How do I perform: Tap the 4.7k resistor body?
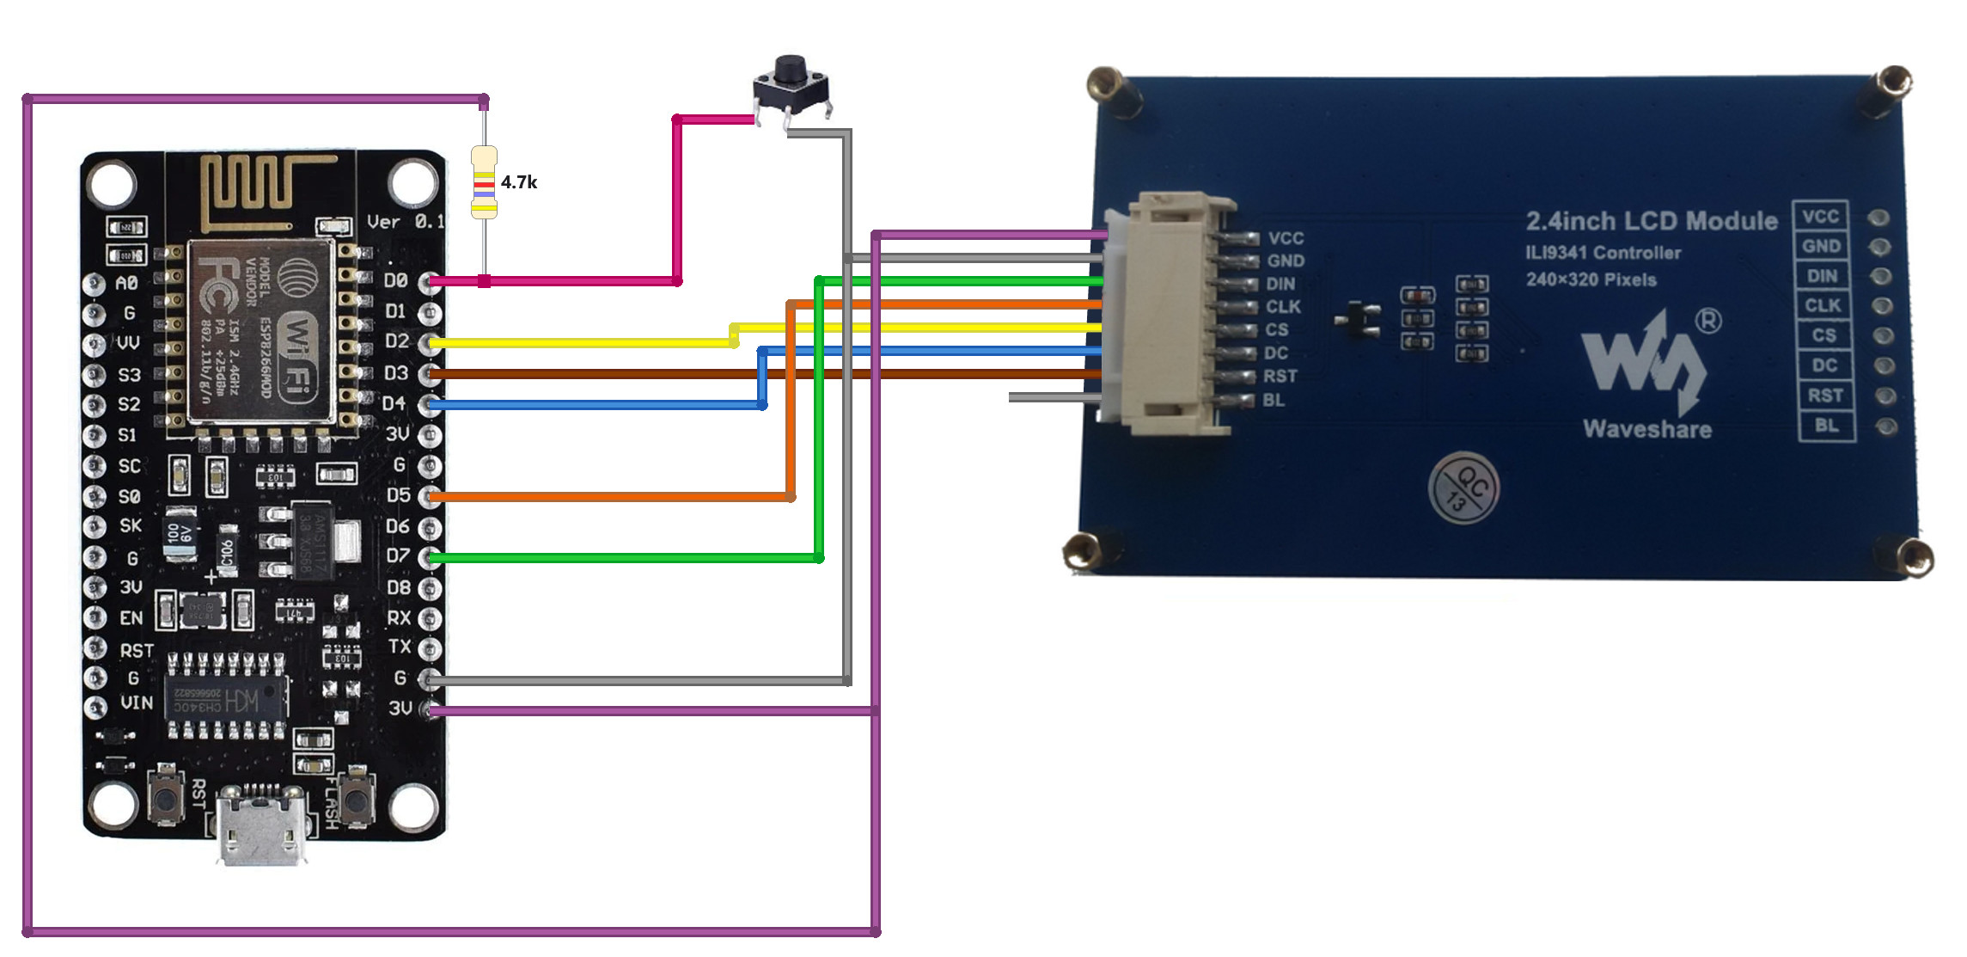tap(484, 181)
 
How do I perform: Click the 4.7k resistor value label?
tap(519, 182)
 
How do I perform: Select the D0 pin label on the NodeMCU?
tap(395, 280)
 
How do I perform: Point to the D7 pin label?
tap(397, 555)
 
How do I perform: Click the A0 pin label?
tap(126, 283)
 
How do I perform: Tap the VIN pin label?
tap(137, 702)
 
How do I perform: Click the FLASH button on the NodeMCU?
tap(355, 797)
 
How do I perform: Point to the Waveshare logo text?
tap(1646, 429)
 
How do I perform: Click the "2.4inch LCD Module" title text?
tap(1651, 221)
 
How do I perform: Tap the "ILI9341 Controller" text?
tap(1603, 253)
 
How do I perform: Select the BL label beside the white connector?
tap(1274, 400)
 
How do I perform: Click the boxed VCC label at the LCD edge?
tap(1820, 217)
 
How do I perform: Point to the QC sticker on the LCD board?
tap(1463, 488)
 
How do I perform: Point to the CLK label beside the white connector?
tap(1282, 307)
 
